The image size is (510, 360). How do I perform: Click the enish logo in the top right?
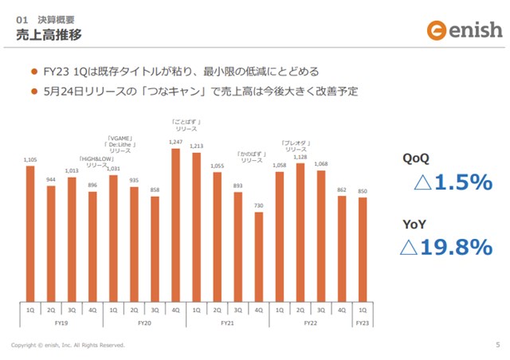[x=465, y=31]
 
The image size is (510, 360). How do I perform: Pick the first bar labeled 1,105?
[x=31, y=231]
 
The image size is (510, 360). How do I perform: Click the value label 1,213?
[x=196, y=147]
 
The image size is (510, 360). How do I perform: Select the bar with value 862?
[x=342, y=247]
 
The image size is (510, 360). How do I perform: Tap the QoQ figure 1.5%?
[x=452, y=183]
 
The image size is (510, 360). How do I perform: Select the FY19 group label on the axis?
[x=61, y=323]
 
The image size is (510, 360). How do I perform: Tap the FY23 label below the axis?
[x=363, y=323]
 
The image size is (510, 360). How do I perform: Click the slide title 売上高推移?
[x=49, y=34]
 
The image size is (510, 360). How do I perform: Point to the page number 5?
[x=496, y=345]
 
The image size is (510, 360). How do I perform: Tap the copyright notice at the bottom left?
[x=68, y=346]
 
